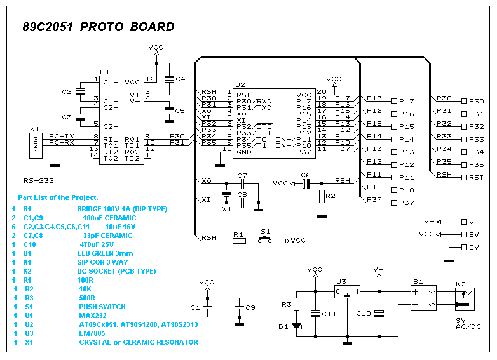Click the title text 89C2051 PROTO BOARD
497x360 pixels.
click(99, 27)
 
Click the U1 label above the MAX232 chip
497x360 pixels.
click(104, 72)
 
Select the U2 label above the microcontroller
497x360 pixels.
click(240, 84)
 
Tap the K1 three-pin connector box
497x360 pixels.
click(36, 145)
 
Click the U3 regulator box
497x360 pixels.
click(348, 291)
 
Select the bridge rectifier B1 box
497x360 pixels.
click(423, 297)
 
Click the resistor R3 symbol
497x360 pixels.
click(296, 304)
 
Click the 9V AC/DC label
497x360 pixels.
click(468, 323)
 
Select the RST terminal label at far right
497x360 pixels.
click(477, 177)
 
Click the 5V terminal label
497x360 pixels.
click(474, 234)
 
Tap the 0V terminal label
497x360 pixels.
click(474, 247)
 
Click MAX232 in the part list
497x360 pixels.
click(93, 316)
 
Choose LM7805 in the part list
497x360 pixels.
click(92, 333)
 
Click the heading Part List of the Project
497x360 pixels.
click(58, 198)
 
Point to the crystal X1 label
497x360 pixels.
click(226, 209)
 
